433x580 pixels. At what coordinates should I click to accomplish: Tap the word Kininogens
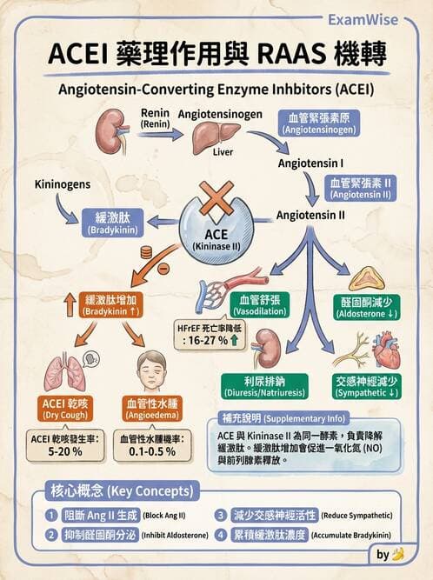pyautogui.click(x=63, y=185)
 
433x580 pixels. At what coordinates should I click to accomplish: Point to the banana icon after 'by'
pyautogui.click(x=399, y=554)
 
